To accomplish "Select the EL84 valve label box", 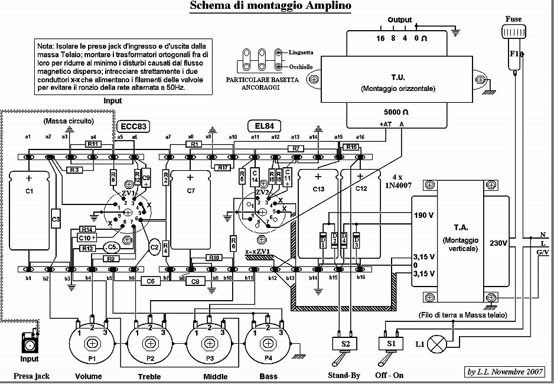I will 263,126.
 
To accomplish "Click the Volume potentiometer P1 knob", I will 92,343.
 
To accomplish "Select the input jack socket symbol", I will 27,343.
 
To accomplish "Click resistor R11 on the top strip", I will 93,144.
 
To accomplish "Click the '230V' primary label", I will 498,243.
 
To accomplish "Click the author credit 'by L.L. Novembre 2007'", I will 506,372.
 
